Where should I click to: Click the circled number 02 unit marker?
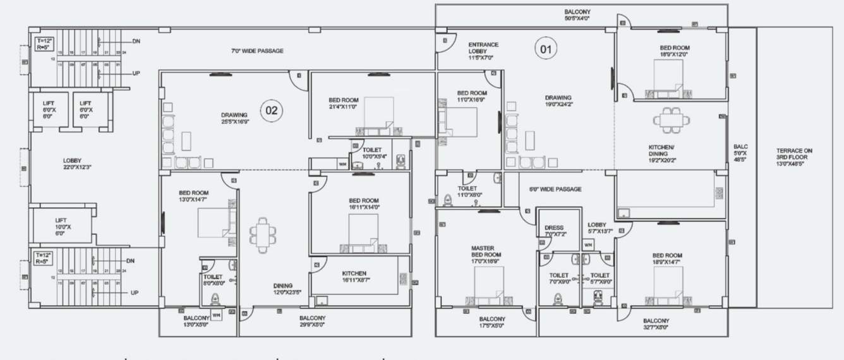click(x=272, y=111)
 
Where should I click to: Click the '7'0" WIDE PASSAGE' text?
click(x=257, y=51)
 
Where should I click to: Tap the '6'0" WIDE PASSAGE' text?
click(x=555, y=189)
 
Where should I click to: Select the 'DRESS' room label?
click(x=553, y=231)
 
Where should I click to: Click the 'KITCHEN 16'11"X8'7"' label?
click(x=354, y=277)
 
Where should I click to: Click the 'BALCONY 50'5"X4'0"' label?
click(x=577, y=15)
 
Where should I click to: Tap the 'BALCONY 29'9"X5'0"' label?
click(x=312, y=321)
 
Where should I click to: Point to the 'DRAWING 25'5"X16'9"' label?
click(x=234, y=118)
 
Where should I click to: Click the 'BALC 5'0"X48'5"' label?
click(x=740, y=153)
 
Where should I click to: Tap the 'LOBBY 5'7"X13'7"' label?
click(x=597, y=228)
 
